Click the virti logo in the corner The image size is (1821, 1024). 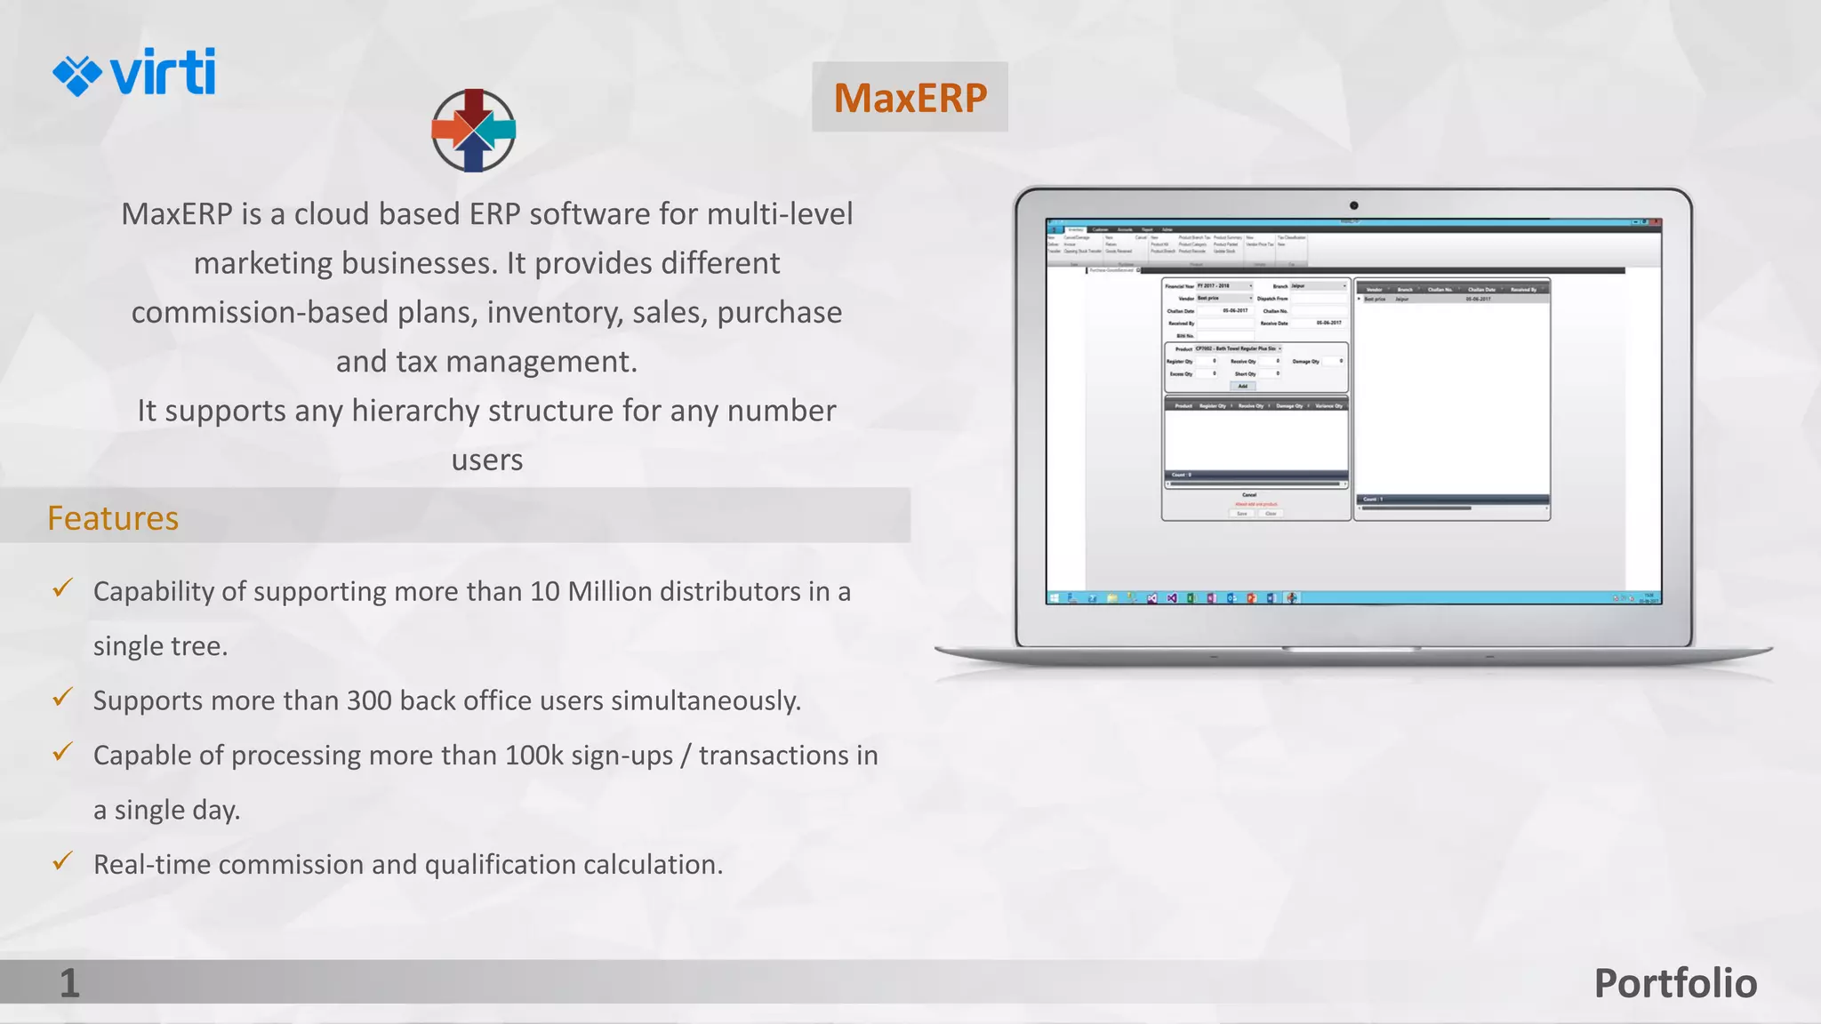pos(134,72)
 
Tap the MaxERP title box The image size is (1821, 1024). pos(910,97)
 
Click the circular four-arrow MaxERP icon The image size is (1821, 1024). pos(473,130)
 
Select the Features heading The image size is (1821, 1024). pos(113,518)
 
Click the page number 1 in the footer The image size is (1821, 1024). pos(69,983)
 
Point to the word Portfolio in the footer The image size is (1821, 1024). pos(1674,983)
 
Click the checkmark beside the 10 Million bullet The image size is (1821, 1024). pos(62,588)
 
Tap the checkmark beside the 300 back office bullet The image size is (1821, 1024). pos(62,698)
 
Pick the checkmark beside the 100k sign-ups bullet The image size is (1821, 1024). pos(62,753)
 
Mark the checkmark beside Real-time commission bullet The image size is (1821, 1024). pos(62,861)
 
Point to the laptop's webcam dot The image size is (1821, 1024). pos(1353,205)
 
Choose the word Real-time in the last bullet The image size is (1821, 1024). pos(151,865)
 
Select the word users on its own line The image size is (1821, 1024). pos(486,460)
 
